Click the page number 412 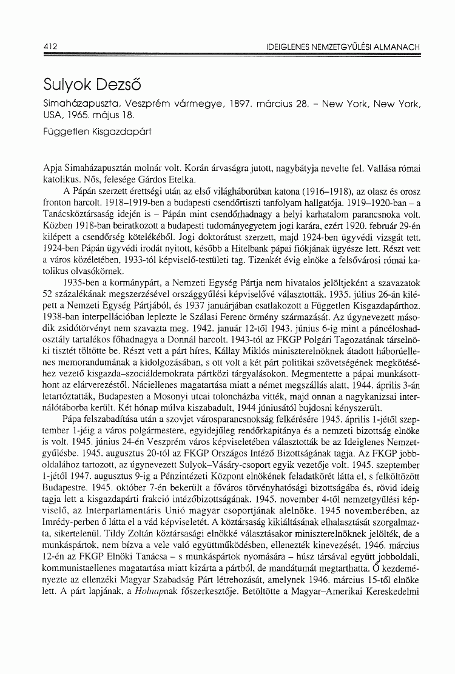[43, 46]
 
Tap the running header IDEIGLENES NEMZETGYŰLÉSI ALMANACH [342, 47]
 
